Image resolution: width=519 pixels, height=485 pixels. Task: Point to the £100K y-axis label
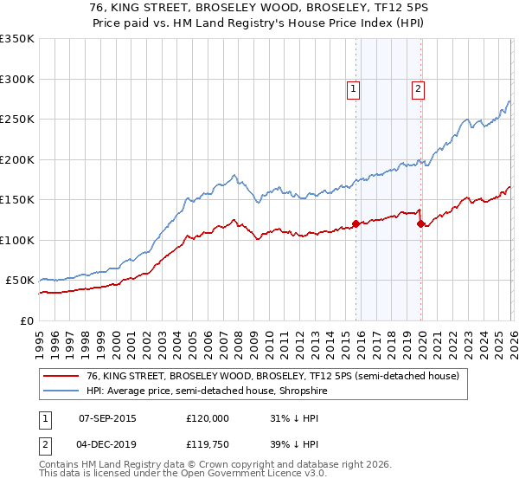click(x=17, y=240)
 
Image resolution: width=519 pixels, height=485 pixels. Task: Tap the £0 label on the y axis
click(x=26, y=320)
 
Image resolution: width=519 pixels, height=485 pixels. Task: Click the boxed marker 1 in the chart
click(x=354, y=87)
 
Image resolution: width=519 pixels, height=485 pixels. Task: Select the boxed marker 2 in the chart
click(x=418, y=87)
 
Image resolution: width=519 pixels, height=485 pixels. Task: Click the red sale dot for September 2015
click(x=356, y=224)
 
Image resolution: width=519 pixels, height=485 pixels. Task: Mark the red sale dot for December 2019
click(x=420, y=224)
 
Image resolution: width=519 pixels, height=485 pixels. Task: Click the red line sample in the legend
click(x=61, y=376)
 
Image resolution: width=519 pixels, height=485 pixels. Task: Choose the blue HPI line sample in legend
click(x=61, y=391)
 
